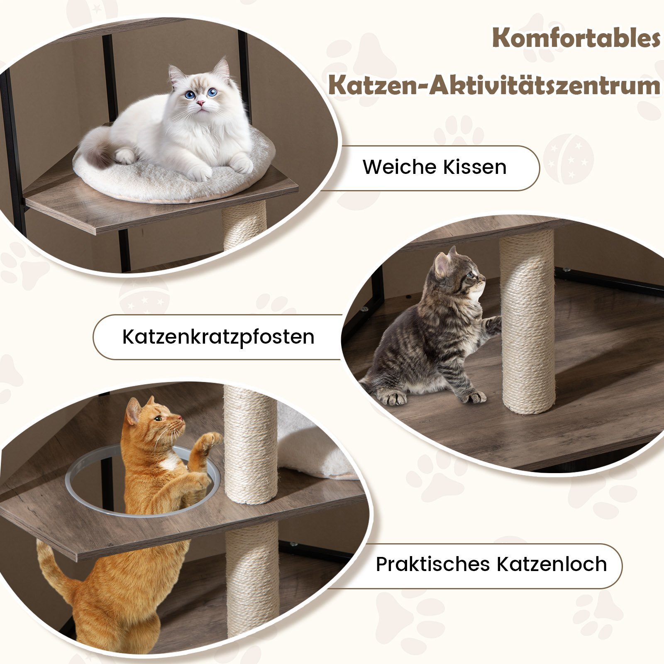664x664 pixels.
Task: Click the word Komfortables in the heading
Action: coord(576,38)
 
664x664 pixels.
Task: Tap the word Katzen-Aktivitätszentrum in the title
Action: coord(494,85)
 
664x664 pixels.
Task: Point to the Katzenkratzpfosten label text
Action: coord(218,337)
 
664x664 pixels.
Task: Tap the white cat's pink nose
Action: coord(200,103)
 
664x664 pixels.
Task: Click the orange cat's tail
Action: coord(54,569)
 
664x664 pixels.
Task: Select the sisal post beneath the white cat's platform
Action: coord(244,226)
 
